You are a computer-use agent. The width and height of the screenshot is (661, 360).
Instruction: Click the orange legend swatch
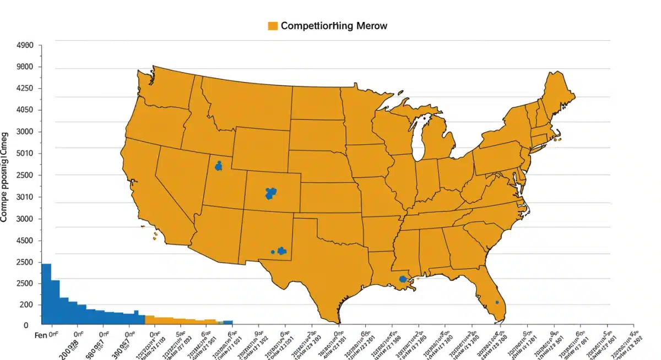[x=272, y=26]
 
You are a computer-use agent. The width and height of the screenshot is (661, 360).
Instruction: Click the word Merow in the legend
[x=371, y=26]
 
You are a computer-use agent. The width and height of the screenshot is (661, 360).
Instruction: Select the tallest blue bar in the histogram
[x=46, y=294]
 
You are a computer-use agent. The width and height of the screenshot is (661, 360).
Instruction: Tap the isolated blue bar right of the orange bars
[x=227, y=323]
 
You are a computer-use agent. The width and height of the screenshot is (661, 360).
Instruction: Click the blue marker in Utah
[x=219, y=166]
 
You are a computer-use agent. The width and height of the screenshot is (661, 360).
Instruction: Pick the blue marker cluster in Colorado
[x=270, y=193]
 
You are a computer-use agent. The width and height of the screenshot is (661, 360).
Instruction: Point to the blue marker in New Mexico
[x=281, y=251]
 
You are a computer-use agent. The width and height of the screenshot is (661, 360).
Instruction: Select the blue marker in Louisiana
[x=403, y=279]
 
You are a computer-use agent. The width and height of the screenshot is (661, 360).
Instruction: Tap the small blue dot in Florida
[x=497, y=302]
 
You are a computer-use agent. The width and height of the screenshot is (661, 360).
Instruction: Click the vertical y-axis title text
[x=5, y=176]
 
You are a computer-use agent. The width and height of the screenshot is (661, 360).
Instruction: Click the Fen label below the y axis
[x=26, y=335]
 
